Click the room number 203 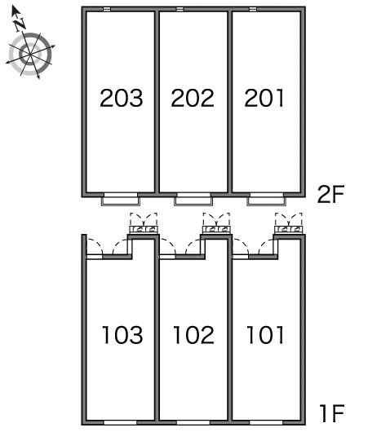click(x=122, y=98)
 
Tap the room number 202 click(x=193, y=98)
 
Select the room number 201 click(x=264, y=98)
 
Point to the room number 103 click(x=122, y=335)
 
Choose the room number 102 click(x=193, y=335)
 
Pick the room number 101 click(x=265, y=335)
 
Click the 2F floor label click(x=331, y=195)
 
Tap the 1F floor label click(x=332, y=413)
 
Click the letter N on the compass click(x=20, y=24)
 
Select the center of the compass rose click(x=30, y=54)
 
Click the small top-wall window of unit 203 click(x=107, y=9)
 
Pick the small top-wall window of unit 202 click(x=180, y=9)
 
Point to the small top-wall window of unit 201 click(x=253, y=9)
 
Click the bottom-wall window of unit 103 click(x=120, y=423)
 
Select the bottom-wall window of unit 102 click(x=193, y=423)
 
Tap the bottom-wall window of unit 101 click(x=266, y=423)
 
